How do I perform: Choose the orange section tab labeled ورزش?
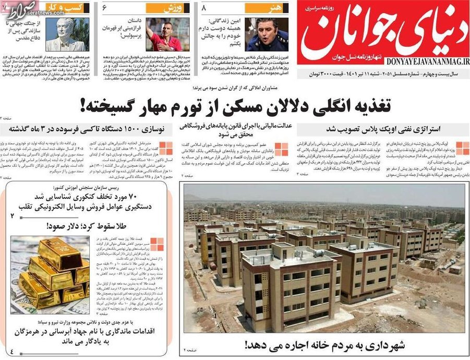point(175,8)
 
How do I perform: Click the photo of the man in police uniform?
point(267,34)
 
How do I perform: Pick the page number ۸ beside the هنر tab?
point(204,8)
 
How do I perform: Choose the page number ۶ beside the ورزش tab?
point(104,8)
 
